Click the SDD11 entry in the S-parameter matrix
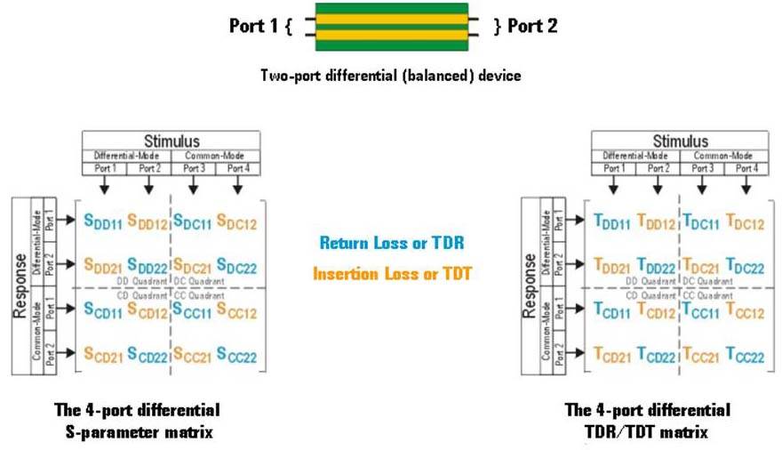(x=103, y=221)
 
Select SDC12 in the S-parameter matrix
(x=236, y=221)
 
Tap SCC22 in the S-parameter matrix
(x=236, y=355)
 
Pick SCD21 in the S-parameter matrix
(x=103, y=355)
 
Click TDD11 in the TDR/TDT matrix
(x=612, y=221)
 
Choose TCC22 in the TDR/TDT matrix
(x=745, y=355)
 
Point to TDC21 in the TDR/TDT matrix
(x=701, y=266)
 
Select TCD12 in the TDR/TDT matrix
(x=657, y=310)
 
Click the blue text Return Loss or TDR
(x=392, y=243)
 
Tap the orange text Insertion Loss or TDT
(x=392, y=273)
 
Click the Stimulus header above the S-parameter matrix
(x=172, y=141)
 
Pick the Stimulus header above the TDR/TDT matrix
(x=681, y=141)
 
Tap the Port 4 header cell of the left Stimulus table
(x=238, y=169)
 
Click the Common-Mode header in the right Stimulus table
(x=722, y=156)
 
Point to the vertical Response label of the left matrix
(x=20, y=285)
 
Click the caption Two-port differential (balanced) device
(x=391, y=76)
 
